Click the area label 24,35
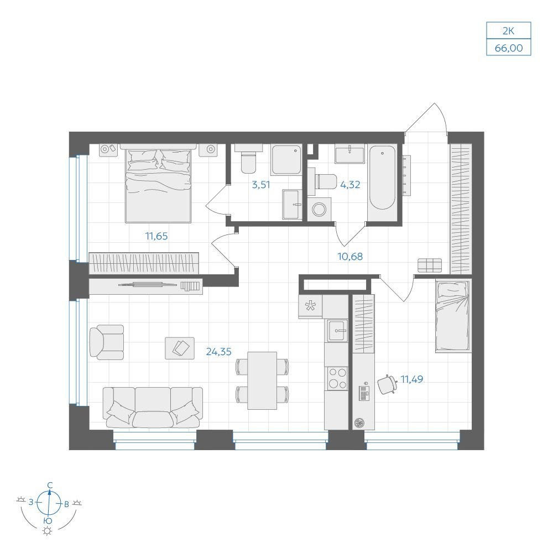pyautogui.click(x=218, y=352)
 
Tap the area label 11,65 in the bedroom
pyautogui.click(x=156, y=236)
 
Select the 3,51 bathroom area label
pyautogui.click(x=261, y=185)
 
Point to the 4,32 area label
pyautogui.click(x=350, y=185)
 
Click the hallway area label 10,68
pyautogui.click(x=350, y=257)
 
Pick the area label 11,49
pyautogui.click(x=412, y=379)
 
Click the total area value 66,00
pyautogui.click(x=509, y=48)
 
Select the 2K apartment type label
pyautogui.click(x=509, y=31)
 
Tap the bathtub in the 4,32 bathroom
pyautogui.click(x=382, y=178)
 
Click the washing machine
pyautogui.click(x=319, y=209)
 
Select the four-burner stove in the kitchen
pyautogui.click(x=337, y=378)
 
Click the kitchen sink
pyautogui.click(x=337, y=331)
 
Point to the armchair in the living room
pyautogui.click(x=107, y=342)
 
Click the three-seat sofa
pyautogui.click(x=153, y=408)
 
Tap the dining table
pyautogui.click(x=262, y=380)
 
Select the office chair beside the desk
pyautogui.click(x=387, y=384)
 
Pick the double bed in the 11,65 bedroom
pyautogui.click(x=158, y=184)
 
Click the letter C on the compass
pyautogui.click(x=50, y=486)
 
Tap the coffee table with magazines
pyautogui.click(x=180, y=348)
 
